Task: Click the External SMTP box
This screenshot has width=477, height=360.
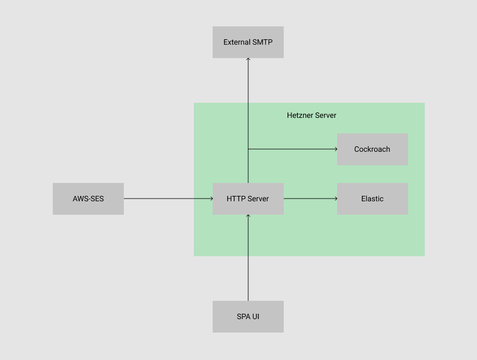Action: [x=248, y=42]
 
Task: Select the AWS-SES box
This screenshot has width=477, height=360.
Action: [x=88, y=199]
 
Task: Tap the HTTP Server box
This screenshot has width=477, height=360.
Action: [x=248, y=199]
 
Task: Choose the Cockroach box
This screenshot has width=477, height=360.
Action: [x=372, y=149]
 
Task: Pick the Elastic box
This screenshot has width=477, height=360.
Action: [x=372, y=199]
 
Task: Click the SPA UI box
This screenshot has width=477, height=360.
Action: [x=248, y=316]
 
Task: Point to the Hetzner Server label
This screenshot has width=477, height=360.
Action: [x=311, y=115]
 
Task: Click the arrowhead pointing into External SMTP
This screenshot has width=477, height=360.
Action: [x=248, y=60]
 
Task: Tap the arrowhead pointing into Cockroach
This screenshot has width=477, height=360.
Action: [x=335, y=149]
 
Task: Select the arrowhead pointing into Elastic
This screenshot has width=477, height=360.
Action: [x=335, y=199]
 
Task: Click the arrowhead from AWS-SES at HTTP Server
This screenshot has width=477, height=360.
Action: [x=211, y=199]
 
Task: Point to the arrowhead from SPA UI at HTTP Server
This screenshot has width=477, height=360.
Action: [x=248, y=216]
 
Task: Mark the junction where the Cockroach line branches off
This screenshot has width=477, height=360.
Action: [x=248, y=149]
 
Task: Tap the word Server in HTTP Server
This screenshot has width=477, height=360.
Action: [x=258, y=199]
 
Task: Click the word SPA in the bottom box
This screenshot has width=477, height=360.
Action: [x=243, y=316]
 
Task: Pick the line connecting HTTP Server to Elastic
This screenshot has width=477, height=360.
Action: [x=310, y=199]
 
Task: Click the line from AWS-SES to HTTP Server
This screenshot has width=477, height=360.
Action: [x=167, y=199]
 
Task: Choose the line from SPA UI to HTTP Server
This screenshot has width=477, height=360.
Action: [x=248, y=258]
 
